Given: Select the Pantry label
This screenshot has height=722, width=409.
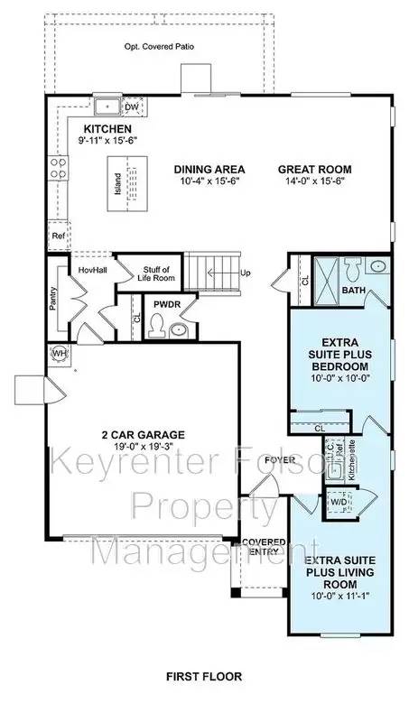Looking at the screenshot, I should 53,293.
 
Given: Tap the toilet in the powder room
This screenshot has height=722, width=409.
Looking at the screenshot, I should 157,329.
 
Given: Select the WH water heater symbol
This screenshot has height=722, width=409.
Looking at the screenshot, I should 60,352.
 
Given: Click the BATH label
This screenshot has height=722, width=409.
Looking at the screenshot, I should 354,290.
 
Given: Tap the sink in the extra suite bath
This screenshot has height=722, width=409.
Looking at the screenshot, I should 377,267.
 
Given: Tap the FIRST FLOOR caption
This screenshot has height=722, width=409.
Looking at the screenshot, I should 202,675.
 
